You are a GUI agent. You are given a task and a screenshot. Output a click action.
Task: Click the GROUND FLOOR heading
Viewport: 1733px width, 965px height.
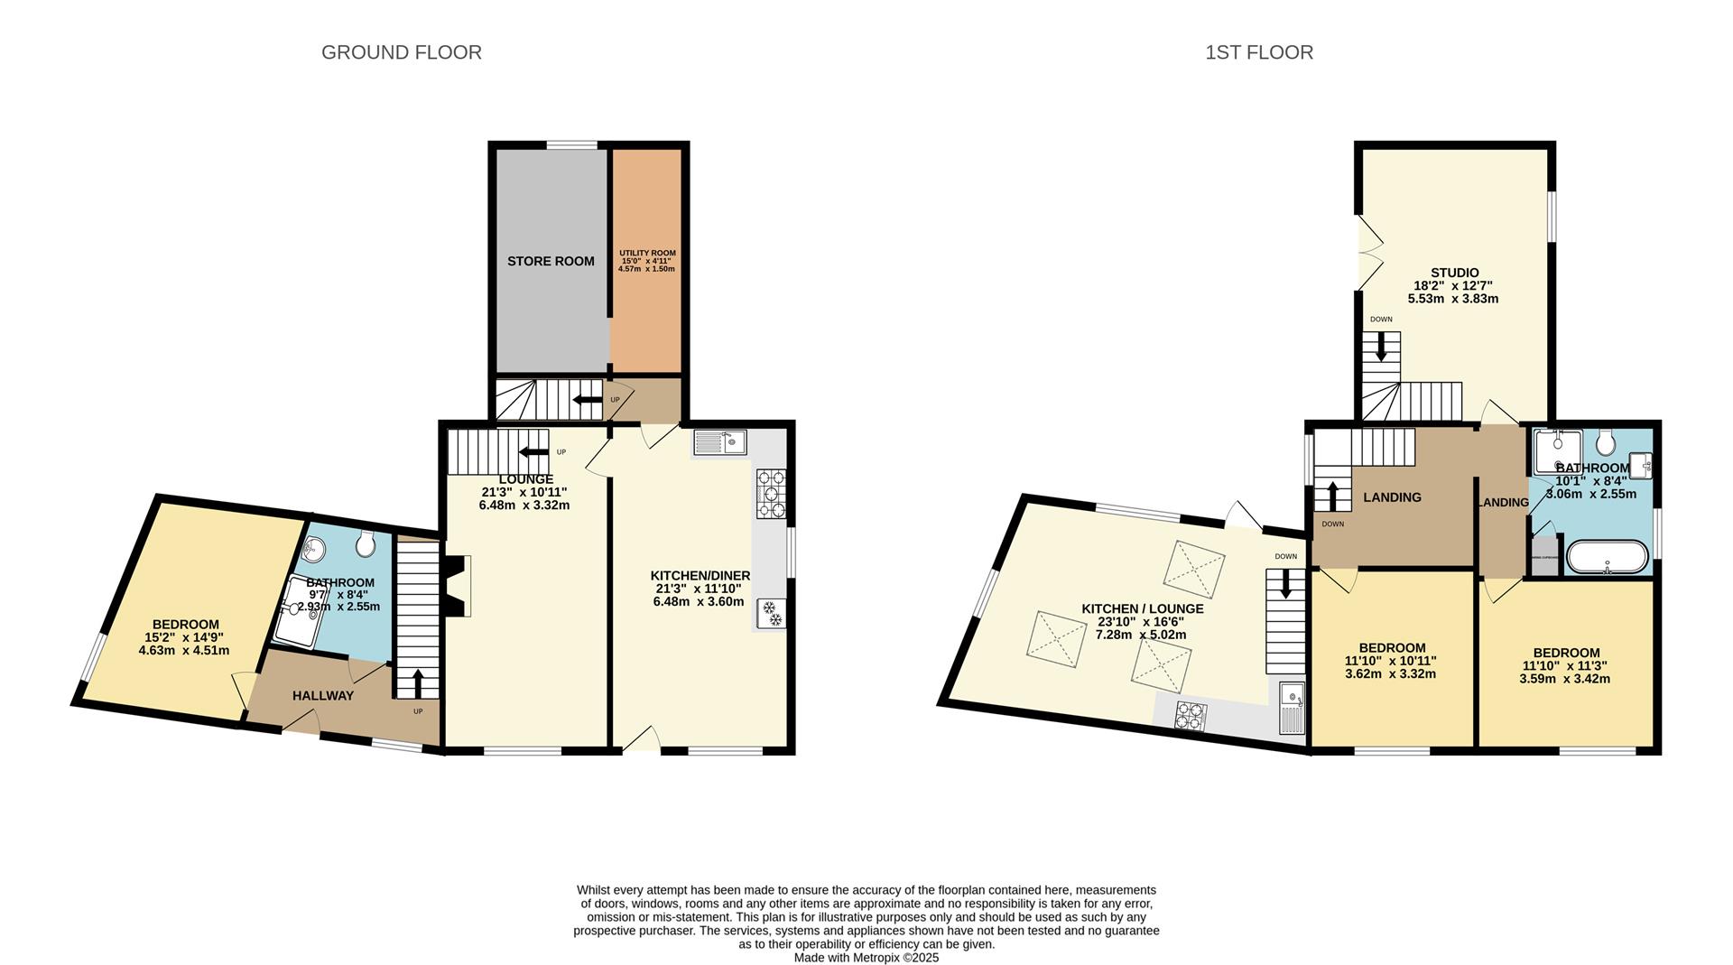tap(401, 52)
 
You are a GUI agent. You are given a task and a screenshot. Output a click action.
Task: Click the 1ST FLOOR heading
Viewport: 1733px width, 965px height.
tap(1258, 52)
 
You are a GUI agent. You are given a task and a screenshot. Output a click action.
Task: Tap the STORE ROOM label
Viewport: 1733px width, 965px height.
tap(551, 261)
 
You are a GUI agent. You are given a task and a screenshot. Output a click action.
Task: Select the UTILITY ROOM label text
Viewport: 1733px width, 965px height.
tap(646, 254)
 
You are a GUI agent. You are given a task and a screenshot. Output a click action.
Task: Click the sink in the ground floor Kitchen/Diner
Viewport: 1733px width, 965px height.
tap(719, 442)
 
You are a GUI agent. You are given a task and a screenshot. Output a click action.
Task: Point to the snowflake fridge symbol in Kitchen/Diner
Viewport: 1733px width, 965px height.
tap(772, 613)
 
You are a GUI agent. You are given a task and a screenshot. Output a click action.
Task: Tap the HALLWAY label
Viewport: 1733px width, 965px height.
tap(323, 696)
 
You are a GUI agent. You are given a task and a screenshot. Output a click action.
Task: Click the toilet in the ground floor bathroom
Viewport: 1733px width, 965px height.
tap(366, 543)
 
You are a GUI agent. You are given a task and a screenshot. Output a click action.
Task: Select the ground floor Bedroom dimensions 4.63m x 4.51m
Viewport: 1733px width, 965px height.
tap(184, 650)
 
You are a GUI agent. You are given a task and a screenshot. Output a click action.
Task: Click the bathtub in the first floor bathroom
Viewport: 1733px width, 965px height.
tap(1608, 556)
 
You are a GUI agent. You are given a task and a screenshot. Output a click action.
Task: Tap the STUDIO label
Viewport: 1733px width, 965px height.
tap(1454, 273)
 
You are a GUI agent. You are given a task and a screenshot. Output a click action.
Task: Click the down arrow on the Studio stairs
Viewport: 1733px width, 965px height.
tap(1380, 348)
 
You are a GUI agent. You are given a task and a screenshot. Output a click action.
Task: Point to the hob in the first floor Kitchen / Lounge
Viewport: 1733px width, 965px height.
tap(1191, 716)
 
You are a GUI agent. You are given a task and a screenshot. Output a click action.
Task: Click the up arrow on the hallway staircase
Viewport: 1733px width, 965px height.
tap(417, 682)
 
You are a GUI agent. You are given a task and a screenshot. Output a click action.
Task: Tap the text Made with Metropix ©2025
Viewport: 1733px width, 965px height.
tap(866, 958)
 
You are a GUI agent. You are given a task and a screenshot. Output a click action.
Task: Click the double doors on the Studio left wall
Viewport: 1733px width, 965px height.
tap(1368, 253)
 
